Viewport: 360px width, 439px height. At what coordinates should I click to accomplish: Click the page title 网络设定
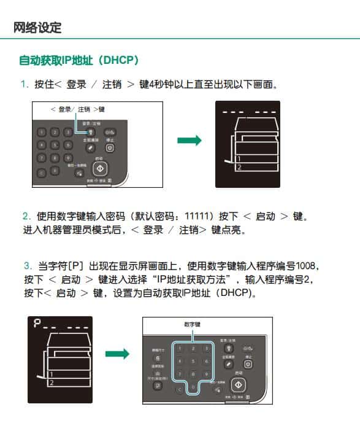[x=37, y=28]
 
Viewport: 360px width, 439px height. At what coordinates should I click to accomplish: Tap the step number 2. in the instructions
[x=26, y=216]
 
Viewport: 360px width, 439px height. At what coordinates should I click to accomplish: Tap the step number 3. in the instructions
[x=28, y=266]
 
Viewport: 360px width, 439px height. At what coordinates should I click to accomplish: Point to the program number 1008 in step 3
[x=308, y=266]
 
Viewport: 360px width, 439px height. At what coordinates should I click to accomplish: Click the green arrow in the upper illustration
[x=189, y=141]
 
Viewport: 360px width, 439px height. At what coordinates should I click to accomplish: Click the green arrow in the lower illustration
[x=117, y=354]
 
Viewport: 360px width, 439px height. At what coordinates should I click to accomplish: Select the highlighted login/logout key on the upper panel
[x=90, y=131]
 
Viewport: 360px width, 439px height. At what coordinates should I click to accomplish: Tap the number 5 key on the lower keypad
[x=193, y=360]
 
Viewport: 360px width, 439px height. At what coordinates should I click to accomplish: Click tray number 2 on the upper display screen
[x=239, y=167]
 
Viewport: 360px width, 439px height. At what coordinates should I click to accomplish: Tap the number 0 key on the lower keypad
[x=193, y=387]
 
